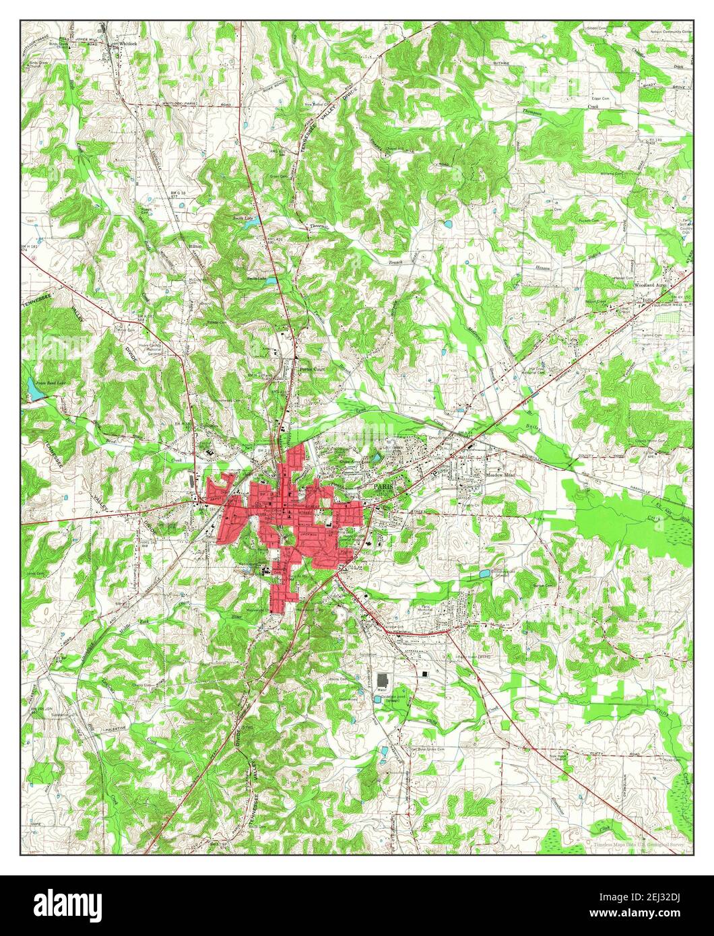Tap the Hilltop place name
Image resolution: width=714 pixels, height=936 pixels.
coord(195,247)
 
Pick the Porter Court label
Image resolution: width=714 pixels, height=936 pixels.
coord(312,369)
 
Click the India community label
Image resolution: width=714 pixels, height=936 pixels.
coord(649,297)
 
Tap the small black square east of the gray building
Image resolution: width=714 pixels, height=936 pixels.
coord(426,673)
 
